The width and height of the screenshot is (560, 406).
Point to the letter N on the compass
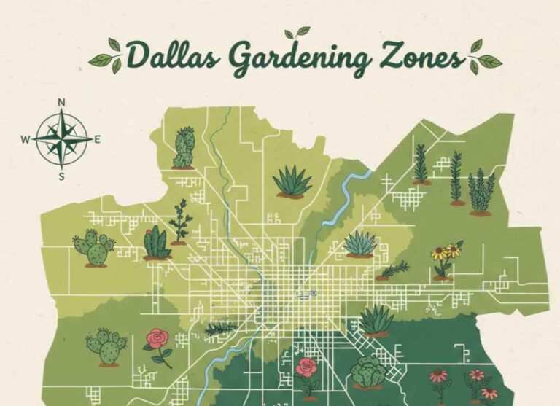pyautogui.click(x=62, y=102)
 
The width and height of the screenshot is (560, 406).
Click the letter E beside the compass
pyautogui.click(x=98, y=138)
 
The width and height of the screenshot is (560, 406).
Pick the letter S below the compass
pyautogui.click(x=62, y=175)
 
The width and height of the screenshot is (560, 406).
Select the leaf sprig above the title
pyautogui.click(x=297, y=33)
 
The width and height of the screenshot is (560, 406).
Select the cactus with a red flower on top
pyautogui.click(x=156, y=243)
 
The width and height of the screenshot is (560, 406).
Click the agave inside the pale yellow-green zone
pyautogui.click(x=360, y=243)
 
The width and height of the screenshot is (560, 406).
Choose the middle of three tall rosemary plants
pyautogui.click(x=456, y=177)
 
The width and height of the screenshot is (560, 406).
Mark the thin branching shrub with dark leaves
pyautogui.click(x=179, y=221)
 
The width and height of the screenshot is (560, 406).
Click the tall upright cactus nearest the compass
pyautogui.click(x=184, y=149)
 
